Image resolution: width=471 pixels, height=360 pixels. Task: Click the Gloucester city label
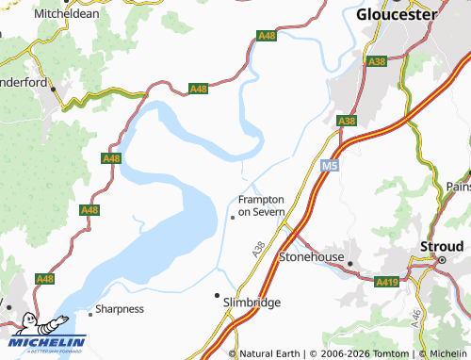[x=398, y=15]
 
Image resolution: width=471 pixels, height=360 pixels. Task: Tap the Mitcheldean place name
[x=66, y=14]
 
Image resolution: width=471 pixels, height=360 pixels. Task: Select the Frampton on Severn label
[x=261, y=205]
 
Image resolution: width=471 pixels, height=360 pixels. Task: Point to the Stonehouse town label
[x=312, y=255]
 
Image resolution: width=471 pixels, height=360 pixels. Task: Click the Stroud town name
[x=442, y=248]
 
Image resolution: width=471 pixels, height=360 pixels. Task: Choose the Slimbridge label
[x=252, y=303]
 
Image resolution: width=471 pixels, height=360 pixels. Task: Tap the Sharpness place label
[x=120, y=308]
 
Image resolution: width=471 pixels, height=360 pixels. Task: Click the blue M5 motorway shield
[x=327, y=166]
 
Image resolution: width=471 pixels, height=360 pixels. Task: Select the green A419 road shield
[x=386, y=282]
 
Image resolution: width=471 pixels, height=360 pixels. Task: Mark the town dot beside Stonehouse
[x=349, y=264]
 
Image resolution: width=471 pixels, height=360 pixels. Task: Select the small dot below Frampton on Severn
[x=233, y=219]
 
